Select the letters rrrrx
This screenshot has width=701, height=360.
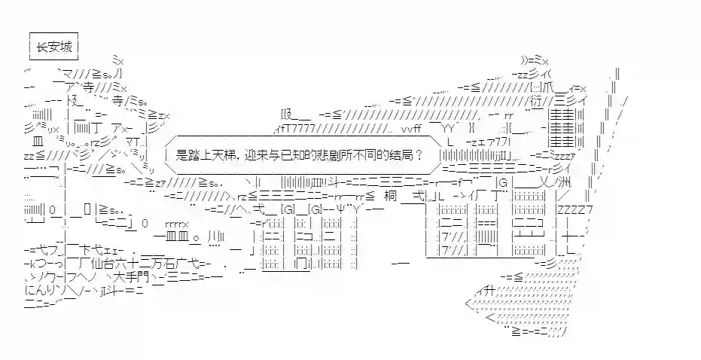[x=176, y=224]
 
